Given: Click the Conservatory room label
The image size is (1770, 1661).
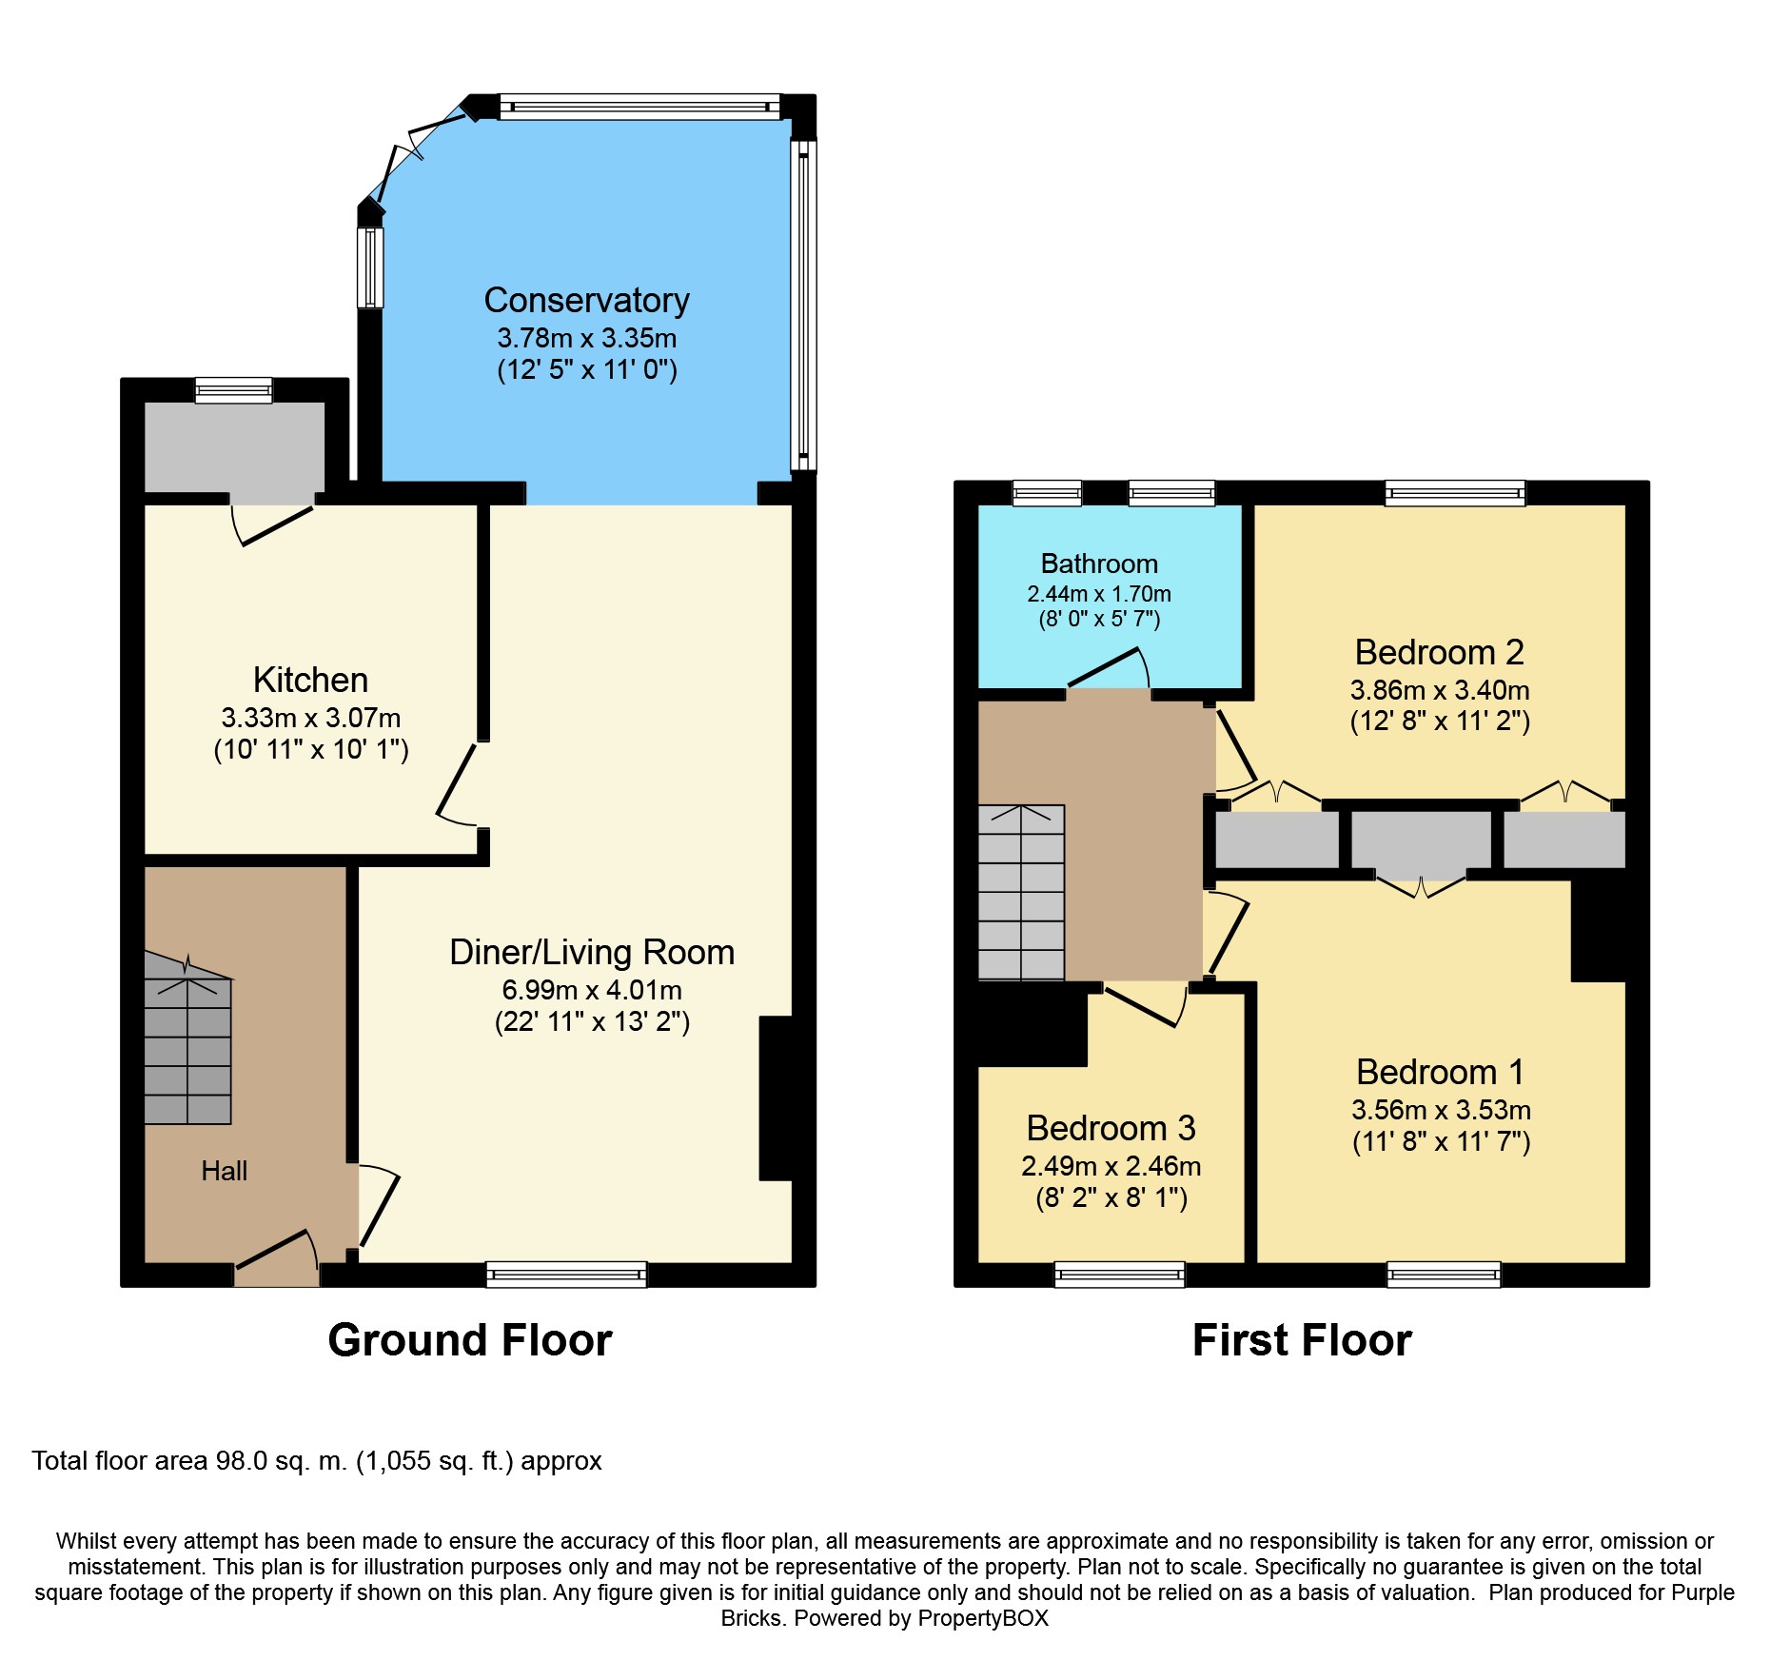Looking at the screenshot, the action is click(586, 301).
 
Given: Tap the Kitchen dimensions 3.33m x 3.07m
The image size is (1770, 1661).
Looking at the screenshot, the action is click(311, 718).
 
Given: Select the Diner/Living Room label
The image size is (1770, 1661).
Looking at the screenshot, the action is click(592, 953).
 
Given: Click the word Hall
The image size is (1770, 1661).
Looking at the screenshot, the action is click(225, 1171).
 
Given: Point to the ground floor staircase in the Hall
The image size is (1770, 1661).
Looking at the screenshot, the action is click(187, 1038).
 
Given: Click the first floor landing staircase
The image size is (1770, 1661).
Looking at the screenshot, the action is click(1021, 893).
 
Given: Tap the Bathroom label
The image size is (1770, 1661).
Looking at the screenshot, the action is click(1099, 564).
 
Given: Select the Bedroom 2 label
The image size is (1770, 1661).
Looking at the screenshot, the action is click(1440, 653).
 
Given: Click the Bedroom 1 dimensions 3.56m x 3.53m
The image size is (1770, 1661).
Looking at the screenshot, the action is click(1441, 1110).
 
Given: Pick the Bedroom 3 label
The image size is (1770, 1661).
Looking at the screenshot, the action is click(1111, 1129).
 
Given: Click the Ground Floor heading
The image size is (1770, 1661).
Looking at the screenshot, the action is click(470, 1340).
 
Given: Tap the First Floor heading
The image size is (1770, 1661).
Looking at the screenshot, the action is click(1302, 1340).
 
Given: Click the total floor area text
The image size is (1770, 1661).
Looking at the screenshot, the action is click(317, 1461).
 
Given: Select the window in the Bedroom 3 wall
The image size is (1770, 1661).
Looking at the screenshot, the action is click(1120, 1275).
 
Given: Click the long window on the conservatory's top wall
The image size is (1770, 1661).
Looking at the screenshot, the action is click(639, 106).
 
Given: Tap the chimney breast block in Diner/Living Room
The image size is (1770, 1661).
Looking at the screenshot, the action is click(777, 1098).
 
